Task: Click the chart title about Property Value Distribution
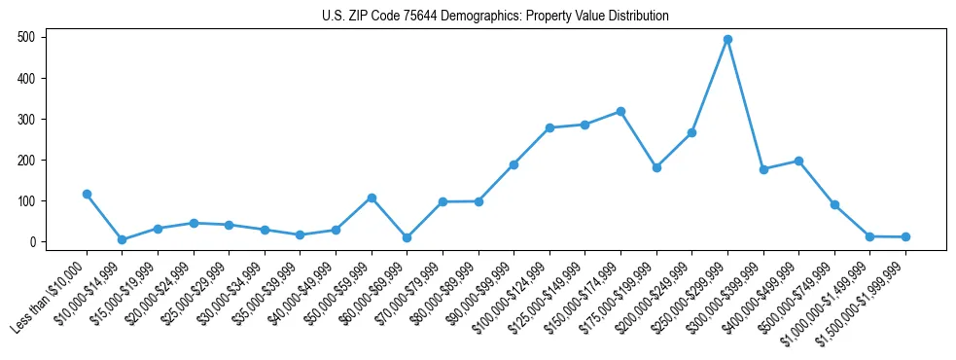495,17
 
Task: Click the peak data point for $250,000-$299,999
727,40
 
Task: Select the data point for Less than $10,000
87,194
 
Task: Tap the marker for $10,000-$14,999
122,239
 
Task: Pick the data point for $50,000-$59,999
372,198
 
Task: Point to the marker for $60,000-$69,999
407,237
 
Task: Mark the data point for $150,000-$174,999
620,111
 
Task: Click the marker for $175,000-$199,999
656,167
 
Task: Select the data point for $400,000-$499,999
798,161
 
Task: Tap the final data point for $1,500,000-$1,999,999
905,236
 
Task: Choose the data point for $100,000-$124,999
549,127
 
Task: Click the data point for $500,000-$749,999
834,204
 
